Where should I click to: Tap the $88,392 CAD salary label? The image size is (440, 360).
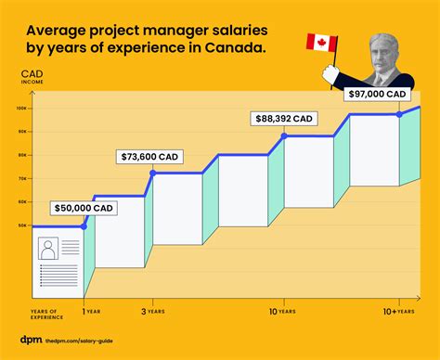[x=285, y=118]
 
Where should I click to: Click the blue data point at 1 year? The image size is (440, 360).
[x=84, y=225]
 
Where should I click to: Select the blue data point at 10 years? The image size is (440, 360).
[x=284, y=136]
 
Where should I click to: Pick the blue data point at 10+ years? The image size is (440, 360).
[x=399, y=114]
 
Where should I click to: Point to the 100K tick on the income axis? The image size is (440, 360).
[x=22, y=109]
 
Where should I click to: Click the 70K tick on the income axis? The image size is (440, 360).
[x=22, y=178]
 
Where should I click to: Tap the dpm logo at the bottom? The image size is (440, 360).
[x=30, y=341]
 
